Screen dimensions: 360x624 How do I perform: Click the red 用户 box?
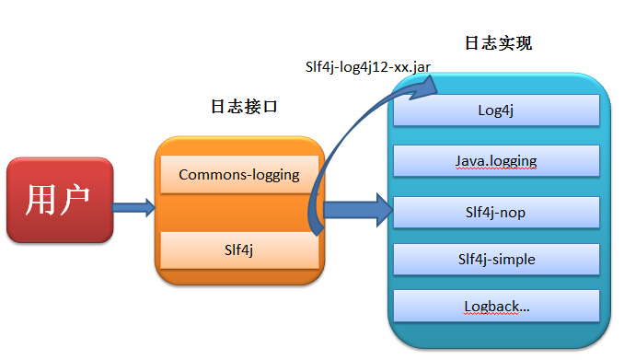click(x=60, y=200)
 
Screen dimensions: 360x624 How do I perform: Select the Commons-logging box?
click(x=239, y=175)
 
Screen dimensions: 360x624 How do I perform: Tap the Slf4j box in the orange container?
click(x=239, y=250)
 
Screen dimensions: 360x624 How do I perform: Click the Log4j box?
click(x=496, y=110)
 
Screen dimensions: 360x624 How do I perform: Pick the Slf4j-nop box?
click(x=496, y=212)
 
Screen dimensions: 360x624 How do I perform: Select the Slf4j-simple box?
click(x=496, y=259)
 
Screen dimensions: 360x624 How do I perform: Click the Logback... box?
click(x=496, y=306)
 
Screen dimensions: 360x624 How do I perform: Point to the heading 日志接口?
click(x=245, y=107)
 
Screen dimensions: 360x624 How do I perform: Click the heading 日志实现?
click(x=499, y=43)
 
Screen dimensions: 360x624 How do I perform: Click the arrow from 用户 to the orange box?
click(x=133, y=208)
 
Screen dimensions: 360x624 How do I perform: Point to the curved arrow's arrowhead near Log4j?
click(x=425, y=85)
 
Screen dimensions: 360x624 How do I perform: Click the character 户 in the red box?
click(x=77, y=200)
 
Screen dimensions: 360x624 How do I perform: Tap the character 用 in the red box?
click(x=42, y=200)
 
